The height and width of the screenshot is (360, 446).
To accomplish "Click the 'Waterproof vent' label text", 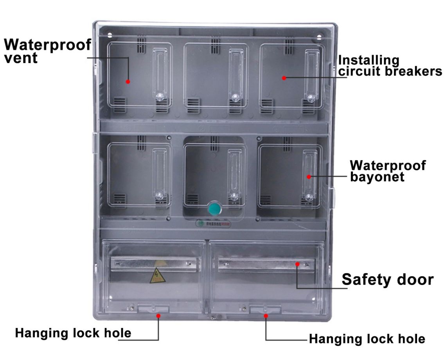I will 47,51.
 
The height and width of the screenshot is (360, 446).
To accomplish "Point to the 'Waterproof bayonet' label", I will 387,171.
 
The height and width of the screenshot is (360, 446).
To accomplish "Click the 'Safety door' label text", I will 387,280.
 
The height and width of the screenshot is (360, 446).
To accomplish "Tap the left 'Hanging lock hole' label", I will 73,333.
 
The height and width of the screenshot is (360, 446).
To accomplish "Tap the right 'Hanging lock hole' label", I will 367,338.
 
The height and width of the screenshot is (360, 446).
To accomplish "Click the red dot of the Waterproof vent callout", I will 128,82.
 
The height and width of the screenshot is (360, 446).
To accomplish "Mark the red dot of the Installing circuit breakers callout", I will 284,77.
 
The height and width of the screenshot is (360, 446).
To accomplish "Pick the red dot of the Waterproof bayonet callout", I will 309,177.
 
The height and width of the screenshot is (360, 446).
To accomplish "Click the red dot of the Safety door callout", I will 297,264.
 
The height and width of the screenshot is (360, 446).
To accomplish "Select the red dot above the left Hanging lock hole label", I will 158,315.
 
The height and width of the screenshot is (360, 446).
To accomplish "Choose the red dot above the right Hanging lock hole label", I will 266,315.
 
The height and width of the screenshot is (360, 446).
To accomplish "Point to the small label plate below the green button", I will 214,224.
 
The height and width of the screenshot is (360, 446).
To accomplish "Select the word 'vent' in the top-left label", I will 21,58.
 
